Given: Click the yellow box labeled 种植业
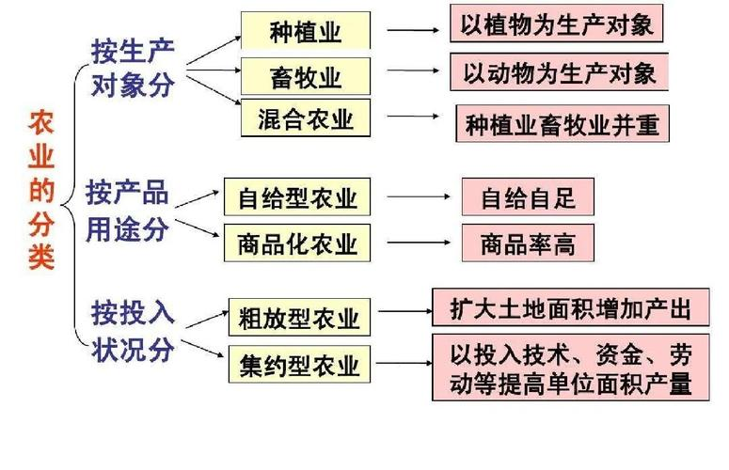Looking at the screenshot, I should pyautogui.click(x=306, y=32).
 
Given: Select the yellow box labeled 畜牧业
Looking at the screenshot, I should pyautogui.click(x=306, y=74).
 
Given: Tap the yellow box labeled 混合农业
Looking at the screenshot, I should pyautogui.click(x=306, y=118).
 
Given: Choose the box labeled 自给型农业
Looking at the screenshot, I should pyautogui.click(x=297, y=198).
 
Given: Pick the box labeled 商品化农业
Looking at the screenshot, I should pyautogui.click(x=297, y=243).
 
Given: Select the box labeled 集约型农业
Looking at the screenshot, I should pyautogui.click(x=299, y=365).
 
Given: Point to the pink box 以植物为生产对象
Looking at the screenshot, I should pyautogui.click(x=556, y=23).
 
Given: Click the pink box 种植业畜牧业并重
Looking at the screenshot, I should pyautogui.click(x=563, y=123).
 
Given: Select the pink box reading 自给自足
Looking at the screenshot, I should pyautogui.click(x=528, y=197).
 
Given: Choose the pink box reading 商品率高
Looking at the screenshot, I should pyautogui.click(x=528, y=243).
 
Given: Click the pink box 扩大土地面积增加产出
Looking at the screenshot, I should pyautogui.click(x=570, y=307).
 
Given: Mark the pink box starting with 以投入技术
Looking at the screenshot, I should pyautogui.click(x=570, y=368).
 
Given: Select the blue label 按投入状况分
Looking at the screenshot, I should pyautogui.click(x=133, y=330).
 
